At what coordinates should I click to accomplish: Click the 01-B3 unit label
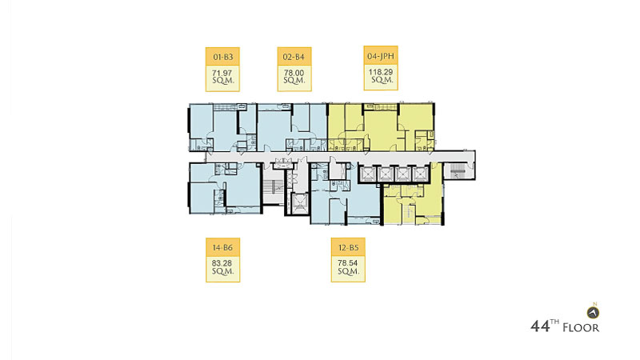pos(223,57)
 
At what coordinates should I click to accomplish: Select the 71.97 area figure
pos(222,74)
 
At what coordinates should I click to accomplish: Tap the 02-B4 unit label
pos(294,57)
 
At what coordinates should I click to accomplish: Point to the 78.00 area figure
pos(294,73)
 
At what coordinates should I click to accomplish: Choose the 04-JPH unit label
pos(381,56)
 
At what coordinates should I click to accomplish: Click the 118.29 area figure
pos(381,72)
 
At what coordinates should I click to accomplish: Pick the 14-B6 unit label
pos(222,247)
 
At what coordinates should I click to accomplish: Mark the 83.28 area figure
pos(222,264)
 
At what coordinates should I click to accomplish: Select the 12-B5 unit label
pos(348,247)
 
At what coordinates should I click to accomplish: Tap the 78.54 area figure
pos(348,263)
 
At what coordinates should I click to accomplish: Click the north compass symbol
pos(593,313)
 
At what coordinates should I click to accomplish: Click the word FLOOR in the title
pos(582,328)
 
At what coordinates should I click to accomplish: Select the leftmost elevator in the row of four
pos(367,174)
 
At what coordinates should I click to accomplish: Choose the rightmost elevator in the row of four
pos(419,174)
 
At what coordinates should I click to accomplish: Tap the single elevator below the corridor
pos(299,203)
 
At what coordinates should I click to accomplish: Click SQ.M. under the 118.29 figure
pos(382,80)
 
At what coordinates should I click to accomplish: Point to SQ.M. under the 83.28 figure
pos(223,271)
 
